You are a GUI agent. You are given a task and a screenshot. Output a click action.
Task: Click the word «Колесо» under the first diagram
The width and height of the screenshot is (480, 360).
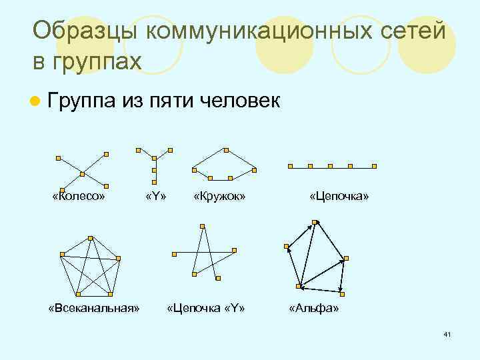(79, 197)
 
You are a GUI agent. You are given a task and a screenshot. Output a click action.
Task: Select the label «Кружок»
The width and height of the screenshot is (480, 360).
(219, 197)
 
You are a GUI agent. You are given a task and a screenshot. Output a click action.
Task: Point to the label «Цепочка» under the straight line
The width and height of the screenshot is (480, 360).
(339, 197)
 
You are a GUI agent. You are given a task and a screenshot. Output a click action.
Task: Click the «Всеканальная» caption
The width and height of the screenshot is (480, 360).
(94, 309)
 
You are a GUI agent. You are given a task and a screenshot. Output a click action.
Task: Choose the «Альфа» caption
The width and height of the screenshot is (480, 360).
(313, 309)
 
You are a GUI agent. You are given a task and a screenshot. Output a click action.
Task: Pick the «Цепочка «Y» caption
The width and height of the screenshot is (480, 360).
(206, 309)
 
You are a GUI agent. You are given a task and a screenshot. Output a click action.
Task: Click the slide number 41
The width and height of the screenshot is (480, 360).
(447, 333)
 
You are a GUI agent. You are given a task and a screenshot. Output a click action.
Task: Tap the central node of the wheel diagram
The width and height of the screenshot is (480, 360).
(82, 174)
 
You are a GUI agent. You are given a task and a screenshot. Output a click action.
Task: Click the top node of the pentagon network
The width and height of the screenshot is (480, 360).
(89, 238)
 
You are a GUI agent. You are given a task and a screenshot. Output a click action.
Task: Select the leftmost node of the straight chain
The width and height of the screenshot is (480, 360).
(289, 166)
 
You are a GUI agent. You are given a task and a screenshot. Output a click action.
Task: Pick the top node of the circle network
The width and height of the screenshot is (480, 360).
(227, 149)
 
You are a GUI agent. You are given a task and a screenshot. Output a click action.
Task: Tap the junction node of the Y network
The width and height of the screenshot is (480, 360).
(155, 158)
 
